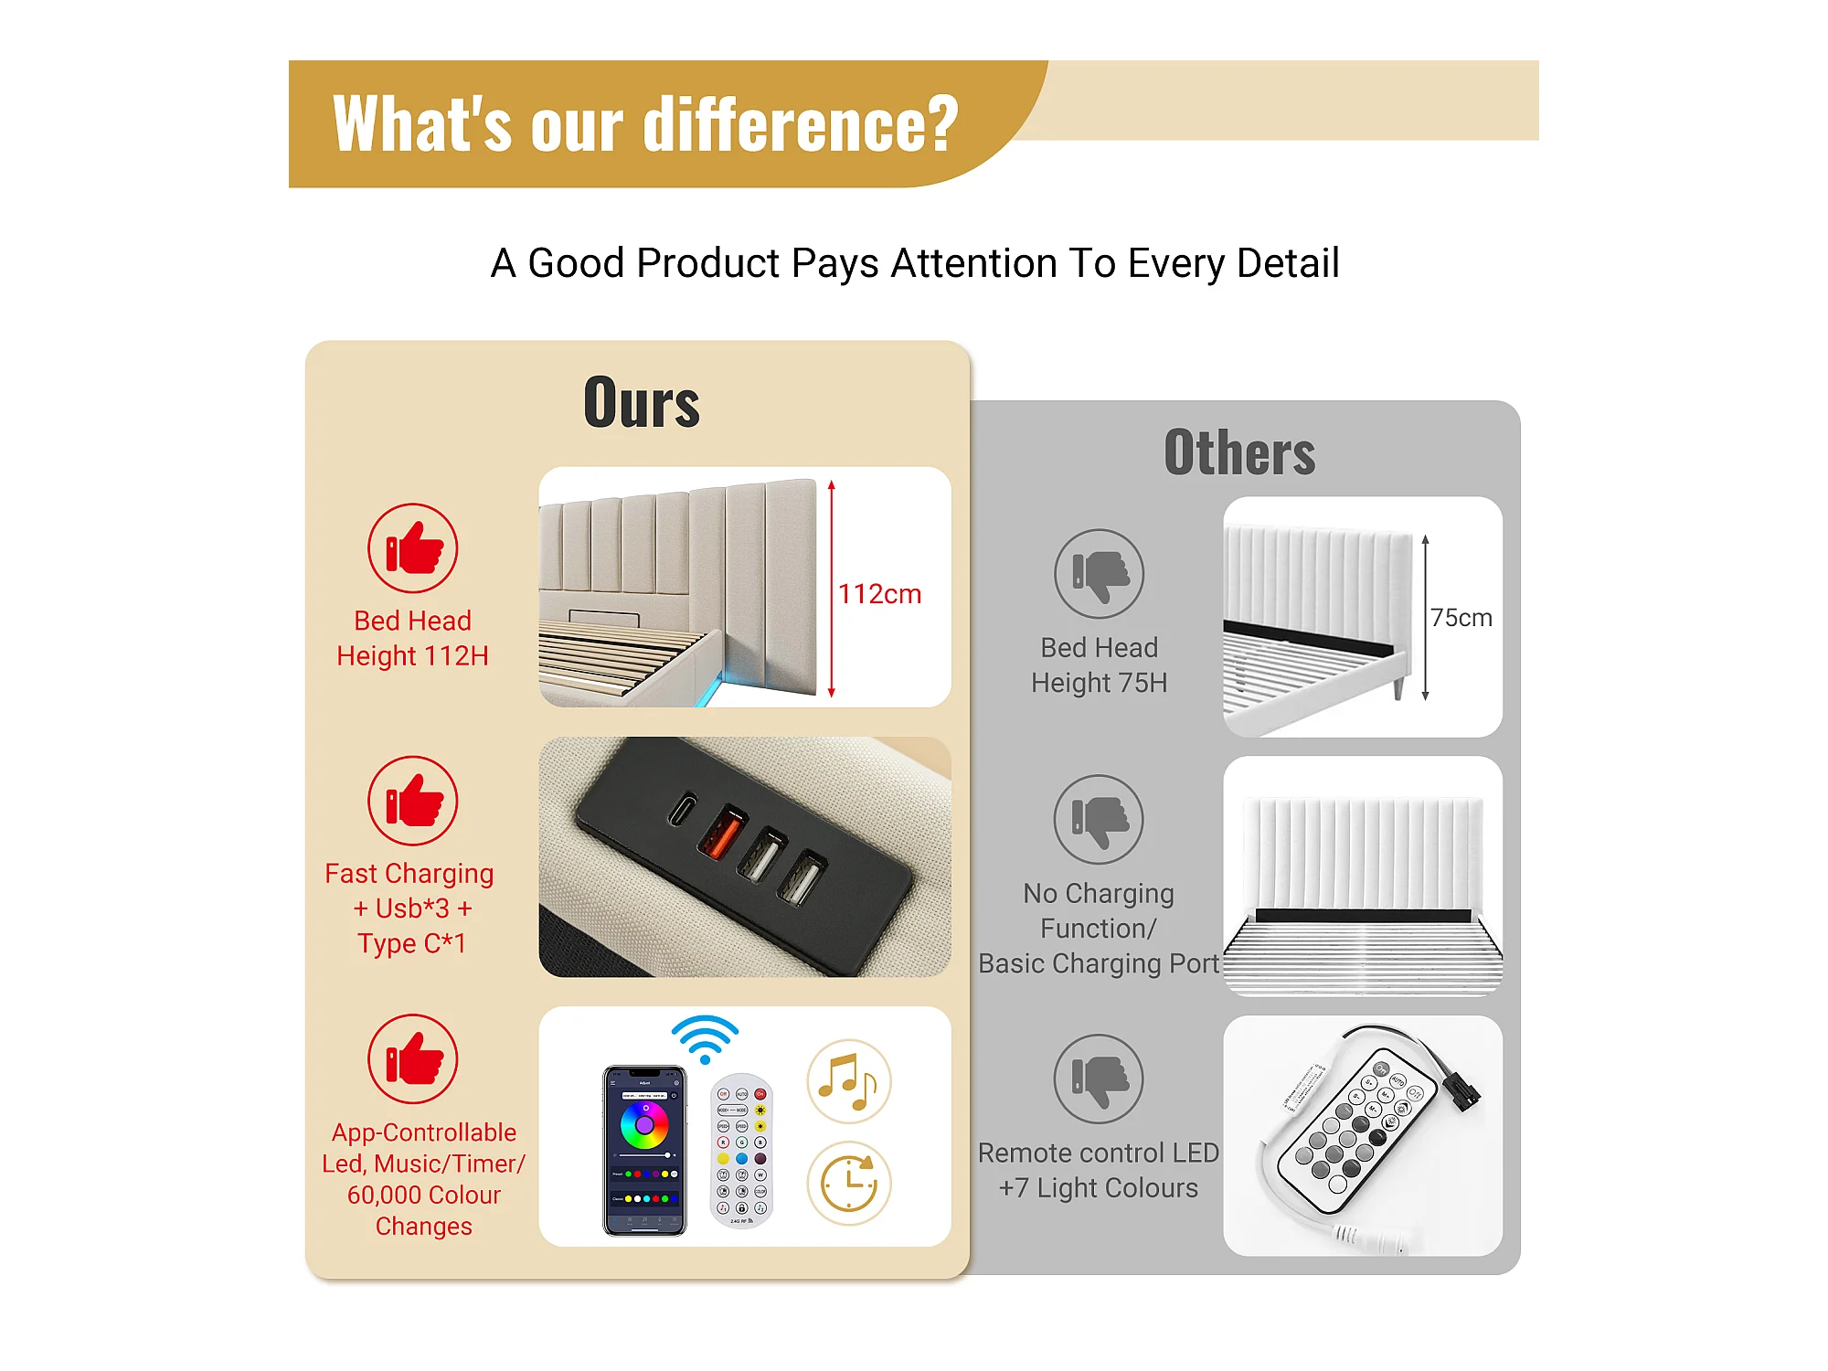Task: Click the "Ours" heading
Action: (642, 402)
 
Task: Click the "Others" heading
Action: (1239, 452)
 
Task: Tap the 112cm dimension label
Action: (879, 594)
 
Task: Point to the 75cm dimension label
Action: (1461, 618)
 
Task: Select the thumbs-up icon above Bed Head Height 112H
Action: (413, 548)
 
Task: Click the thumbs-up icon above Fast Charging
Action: (413, 801)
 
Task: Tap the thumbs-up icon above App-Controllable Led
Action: (413, 1059)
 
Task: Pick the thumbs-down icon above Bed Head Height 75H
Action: (1099, 574)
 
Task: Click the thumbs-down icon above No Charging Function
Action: (1099, 820)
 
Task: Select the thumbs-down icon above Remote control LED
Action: (1099, 1079)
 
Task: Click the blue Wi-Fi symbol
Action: (705, 1038)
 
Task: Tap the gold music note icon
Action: (848, 1081)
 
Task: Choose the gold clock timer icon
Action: (848, 1183)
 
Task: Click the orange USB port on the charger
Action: (723, 832)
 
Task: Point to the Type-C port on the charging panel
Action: (682, 809)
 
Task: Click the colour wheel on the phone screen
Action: (644, 1125)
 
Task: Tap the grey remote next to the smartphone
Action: (741, 1150)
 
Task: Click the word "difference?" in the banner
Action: (802, 124)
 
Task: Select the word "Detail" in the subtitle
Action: (1288, 263)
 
